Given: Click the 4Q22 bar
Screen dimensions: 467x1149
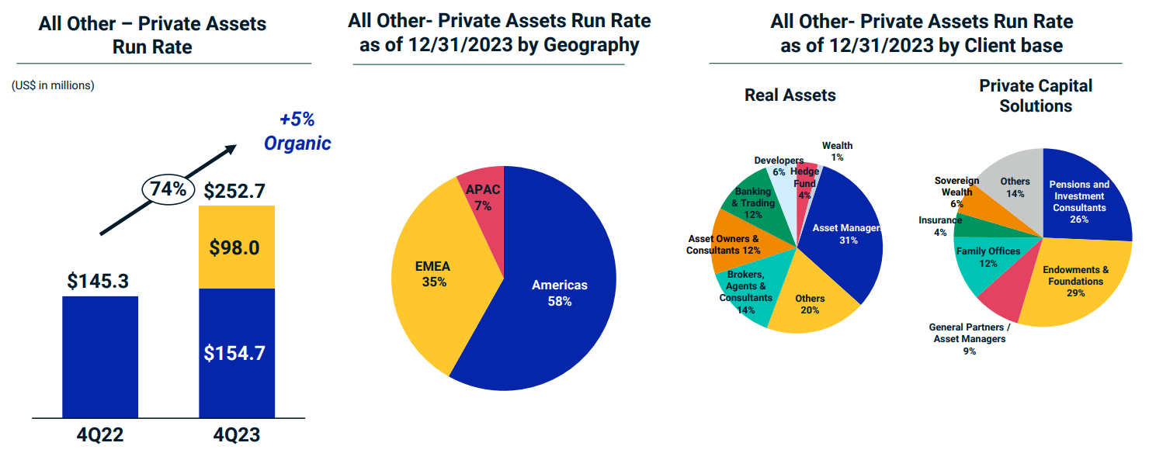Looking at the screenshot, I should pyautogui.click(x=100, y=357).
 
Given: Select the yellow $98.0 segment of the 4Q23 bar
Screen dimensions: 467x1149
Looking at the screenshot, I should pyautogui.click(x=237, y=247).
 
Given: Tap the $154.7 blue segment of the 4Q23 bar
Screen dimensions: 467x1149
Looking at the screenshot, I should pyautogui.click(x=237, y=353).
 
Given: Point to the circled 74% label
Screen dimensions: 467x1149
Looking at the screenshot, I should pyautogui.click(x=168, y=189).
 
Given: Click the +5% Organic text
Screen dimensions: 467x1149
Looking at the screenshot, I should pyautogui.click(x=297, y=132).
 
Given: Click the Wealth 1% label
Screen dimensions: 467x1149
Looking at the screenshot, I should pyautogui.click(x=837, y=151).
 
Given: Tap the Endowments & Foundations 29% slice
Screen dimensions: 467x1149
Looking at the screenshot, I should pyautogui.click(x=1075, y=279).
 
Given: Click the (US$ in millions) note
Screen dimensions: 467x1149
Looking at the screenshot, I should pyautogui.click(x=53, y=85).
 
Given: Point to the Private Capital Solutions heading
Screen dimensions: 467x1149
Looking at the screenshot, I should pyautogui.click(x=1035, y=95).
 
